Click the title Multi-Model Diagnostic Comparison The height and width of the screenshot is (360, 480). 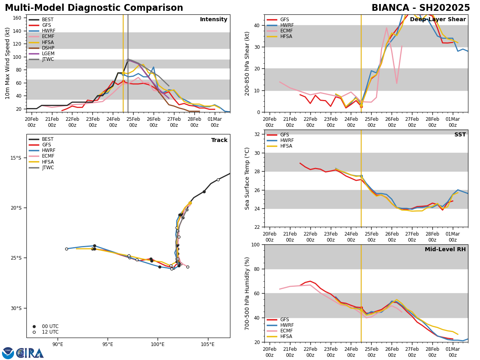94,8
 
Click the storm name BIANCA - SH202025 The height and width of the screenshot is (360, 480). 420,8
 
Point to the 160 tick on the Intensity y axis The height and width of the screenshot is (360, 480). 17,18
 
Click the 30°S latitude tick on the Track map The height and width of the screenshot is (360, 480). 16,308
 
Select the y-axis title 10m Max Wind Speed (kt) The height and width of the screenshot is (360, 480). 7,63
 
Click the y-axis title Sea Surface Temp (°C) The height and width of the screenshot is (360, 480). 247,178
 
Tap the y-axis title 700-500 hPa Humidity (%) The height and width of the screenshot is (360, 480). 247,293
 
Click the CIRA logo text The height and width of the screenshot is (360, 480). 30,353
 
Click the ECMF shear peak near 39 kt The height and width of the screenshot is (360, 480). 386,28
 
